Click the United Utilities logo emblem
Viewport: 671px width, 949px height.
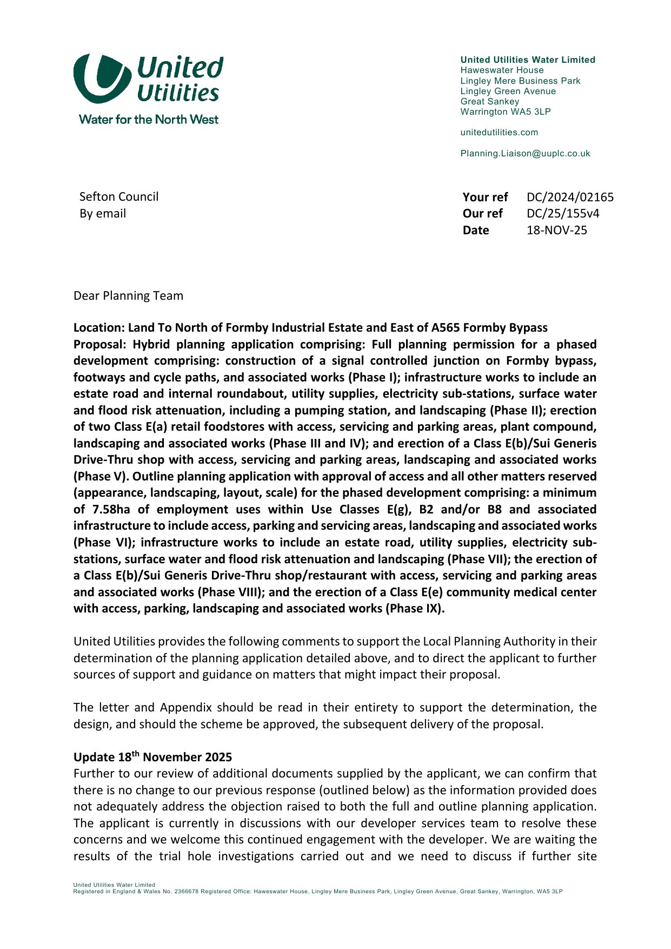102,78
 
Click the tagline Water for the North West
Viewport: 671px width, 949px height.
148,120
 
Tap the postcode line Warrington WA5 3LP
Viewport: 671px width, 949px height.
505,112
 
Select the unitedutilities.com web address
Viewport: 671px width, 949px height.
499,133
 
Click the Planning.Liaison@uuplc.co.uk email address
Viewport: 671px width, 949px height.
525,154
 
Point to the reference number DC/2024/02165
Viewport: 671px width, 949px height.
570,197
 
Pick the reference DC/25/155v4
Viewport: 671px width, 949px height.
562,214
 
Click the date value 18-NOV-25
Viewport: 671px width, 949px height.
556,230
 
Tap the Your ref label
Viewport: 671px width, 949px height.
485,197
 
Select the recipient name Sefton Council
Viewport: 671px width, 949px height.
119,197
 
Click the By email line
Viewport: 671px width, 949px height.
103,214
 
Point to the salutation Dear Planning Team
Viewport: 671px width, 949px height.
128,296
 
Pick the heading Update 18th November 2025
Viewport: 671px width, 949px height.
152,757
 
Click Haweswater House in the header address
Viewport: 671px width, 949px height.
502,70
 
